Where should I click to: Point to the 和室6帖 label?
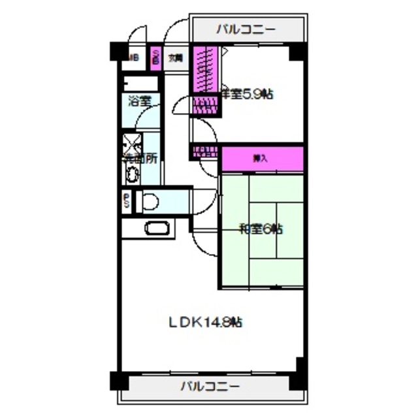(261, 229)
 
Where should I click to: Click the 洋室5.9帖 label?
(249, 94)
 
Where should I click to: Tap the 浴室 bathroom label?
(139, 101)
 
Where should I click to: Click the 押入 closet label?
(259, 158)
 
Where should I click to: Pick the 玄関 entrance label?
(175, 58)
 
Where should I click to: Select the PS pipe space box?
(127, 202)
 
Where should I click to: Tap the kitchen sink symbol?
(157, 229)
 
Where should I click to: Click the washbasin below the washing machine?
(133, 174)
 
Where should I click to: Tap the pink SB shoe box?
(156, 57)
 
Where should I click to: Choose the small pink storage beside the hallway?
(204, 153)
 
